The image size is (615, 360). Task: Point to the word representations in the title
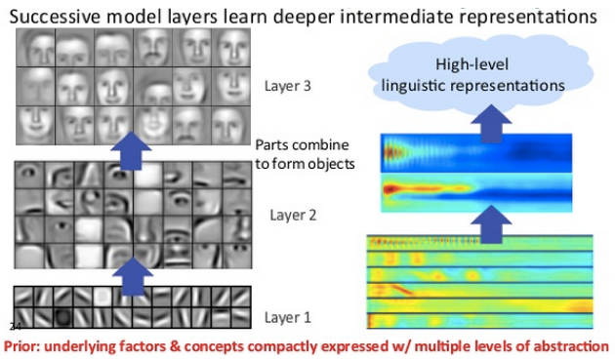click(532, 17)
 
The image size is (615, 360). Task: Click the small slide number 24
click(15, 325)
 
